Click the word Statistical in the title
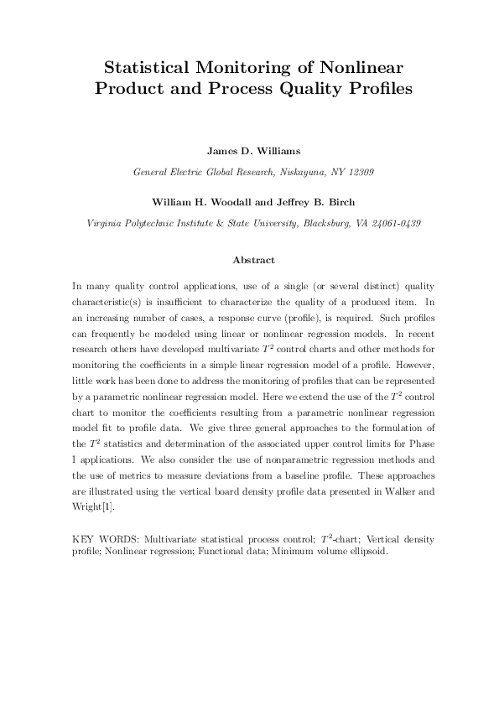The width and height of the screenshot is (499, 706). (147, 67)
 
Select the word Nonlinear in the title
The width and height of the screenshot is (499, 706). (352, 67)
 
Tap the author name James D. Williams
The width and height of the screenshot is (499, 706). (249, 152)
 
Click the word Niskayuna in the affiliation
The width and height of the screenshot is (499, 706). (288, 173)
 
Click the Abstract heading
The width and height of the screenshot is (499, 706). (249, 261)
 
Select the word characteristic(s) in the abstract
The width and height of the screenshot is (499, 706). (110, 301)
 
